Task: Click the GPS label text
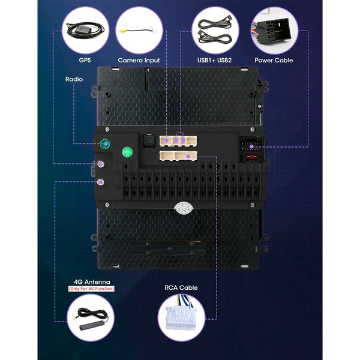coord(85,60)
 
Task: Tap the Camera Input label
coord(139,60)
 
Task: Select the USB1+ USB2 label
coord(214,60)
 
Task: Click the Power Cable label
coord(274,60)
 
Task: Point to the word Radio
coord(74,79)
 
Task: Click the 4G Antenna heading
coord(92,282)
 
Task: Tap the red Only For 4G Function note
coord(91,289)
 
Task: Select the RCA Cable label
coord(181,287)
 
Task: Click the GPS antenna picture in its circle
coord(85,31)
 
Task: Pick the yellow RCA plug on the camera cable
coord(123,31)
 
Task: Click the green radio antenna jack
coord(105,144)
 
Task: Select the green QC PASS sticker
coord(127,152)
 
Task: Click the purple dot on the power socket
coord(251,146)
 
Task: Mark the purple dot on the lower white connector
coord(188,157)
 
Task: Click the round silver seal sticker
coord(184,208)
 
